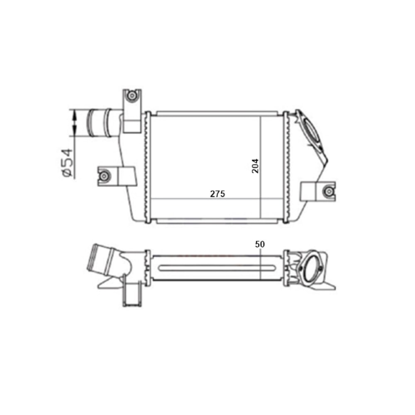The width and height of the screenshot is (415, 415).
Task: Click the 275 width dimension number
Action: pyautogui.click(x=217, y=194)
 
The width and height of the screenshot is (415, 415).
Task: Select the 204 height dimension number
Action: pyautogui.click(x=255, y=166)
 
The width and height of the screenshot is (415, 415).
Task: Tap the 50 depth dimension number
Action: pyautogui.click(x=260, y=244)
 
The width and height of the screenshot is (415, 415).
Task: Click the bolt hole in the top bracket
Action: pyautogui.click(x=131, y=95)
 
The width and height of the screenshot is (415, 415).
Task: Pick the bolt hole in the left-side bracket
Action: pyautogui.click(x=104, y=176)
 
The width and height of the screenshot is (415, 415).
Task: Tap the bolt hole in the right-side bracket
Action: pyautogui.click(x=329, y=191)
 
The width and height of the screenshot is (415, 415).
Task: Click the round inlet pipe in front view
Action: pyautogui.click(x=100, y=123)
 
